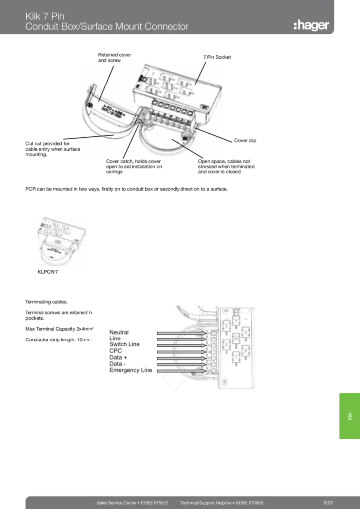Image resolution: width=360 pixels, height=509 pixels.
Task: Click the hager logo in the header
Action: [311, 25]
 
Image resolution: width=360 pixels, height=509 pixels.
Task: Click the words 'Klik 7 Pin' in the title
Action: [45, 16]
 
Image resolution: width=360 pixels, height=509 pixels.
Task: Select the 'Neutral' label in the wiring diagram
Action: [119, 332]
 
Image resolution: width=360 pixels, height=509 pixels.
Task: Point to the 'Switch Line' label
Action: [124, 344]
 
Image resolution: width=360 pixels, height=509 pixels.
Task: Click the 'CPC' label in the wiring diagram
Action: [116, 351]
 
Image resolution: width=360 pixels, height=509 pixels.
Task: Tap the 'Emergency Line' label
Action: [131, 370]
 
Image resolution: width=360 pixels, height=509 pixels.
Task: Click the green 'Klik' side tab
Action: [349, 416]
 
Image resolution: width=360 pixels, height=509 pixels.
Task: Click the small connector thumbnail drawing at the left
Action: [62, 242]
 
